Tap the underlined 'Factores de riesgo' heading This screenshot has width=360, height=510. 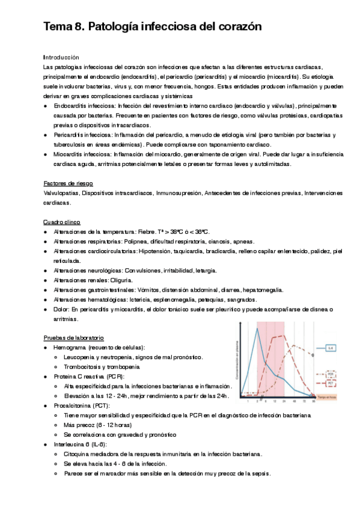(68, 183)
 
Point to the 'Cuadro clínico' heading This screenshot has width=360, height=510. (63, 221)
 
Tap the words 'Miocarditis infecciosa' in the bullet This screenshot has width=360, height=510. (84, 154)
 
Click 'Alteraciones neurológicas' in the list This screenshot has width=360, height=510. (88, 270)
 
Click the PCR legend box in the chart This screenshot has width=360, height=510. (331, 373)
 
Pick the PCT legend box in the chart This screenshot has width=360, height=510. (331, 383)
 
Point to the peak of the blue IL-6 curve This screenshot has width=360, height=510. (257, 328)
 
